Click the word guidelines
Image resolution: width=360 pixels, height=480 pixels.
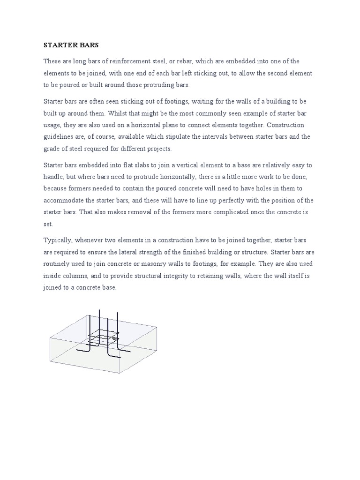point(60,137)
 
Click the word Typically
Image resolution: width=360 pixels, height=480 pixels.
point(59,240)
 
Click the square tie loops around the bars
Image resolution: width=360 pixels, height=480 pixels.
point(104,336)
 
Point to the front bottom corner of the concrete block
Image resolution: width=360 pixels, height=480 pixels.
point(120,373)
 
